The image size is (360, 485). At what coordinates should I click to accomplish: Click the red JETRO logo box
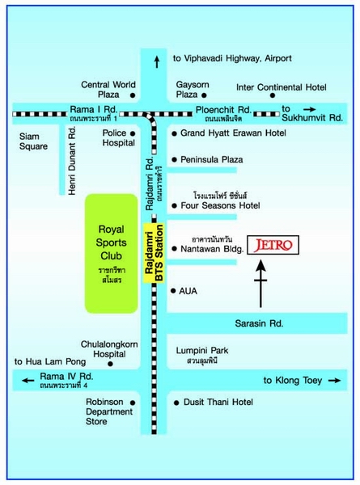[x=273, y=245]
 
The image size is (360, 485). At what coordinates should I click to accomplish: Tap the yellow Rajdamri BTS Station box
[x=154, y=253]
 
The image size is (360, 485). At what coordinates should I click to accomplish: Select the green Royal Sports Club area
[x=112, y=254]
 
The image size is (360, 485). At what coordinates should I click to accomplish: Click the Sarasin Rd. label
[x=259, y=323]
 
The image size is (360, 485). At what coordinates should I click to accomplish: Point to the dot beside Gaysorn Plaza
[x=204, y=95]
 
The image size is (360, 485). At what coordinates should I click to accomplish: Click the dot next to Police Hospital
[x=133, y=133]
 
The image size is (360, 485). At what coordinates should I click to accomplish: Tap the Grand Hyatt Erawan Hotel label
[x=233, y=133]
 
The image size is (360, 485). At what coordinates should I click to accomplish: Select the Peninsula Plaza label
[x=212, y=159]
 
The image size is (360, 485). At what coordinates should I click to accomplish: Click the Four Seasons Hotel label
[x=220, y=205]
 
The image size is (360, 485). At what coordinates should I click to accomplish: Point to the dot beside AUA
[x=173, y=291]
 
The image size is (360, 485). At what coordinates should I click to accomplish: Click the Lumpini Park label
[x=202, y=351]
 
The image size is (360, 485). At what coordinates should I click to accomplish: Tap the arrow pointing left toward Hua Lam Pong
[x=28, y=380]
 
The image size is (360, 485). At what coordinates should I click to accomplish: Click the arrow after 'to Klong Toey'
[x=334, y=380]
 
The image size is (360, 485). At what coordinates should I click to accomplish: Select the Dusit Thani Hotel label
[x=218, y=402]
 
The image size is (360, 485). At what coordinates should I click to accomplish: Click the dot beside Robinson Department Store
[x=133, y=403]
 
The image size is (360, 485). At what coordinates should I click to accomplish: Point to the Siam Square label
[x=33, y=141]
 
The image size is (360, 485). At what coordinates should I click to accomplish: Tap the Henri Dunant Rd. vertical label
[x=72, y=161]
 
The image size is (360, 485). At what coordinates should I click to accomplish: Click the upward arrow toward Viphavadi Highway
[x=157, y=61]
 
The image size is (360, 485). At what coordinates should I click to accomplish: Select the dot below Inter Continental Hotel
[x=273, y=95]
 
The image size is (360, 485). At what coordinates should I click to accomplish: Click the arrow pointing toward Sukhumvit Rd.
[x=310, y=109]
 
